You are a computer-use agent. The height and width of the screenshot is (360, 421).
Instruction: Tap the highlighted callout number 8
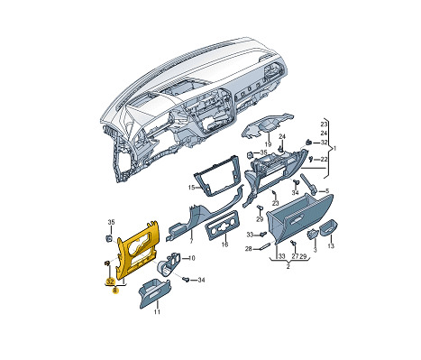115,291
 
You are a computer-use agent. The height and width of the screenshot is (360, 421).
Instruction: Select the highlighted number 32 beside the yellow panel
110,282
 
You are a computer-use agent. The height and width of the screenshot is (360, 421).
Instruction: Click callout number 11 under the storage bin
157,312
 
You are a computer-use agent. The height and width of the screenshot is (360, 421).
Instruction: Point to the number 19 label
268,144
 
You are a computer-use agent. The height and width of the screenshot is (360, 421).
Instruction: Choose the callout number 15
191,188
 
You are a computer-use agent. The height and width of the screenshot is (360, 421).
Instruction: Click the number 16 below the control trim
224,245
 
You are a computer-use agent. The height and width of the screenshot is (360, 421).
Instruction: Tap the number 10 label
191,258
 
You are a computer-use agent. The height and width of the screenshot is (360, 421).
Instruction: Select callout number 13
331,246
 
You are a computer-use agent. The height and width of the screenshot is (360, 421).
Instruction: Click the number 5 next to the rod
327,190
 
